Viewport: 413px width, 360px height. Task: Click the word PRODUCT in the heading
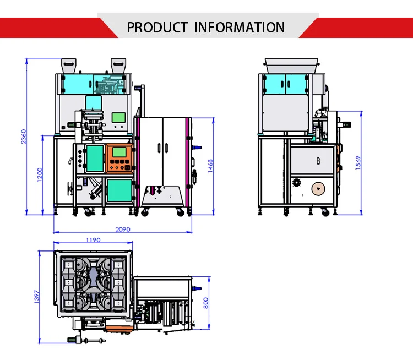(157, 28)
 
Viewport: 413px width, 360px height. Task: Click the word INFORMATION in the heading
(240, 28)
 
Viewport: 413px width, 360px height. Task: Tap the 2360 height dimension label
(24, 137)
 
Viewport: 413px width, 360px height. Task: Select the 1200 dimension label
(40, 174)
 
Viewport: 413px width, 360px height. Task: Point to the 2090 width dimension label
(123, 230)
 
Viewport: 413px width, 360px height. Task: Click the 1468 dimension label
(210, 166)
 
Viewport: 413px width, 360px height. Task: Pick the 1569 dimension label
(358, 163)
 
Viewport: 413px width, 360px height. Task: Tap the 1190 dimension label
(93, 240)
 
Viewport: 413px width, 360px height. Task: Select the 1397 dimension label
(36, 297)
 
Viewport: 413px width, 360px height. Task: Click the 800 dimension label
(206, 303)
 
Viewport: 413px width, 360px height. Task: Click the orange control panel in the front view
(119, 159)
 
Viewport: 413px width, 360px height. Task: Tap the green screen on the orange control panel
(119, 152)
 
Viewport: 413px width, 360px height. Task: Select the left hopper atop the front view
(69, 66)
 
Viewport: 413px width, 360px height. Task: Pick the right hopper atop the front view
(118, 66)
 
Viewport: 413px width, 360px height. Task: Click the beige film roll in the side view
(318, 189)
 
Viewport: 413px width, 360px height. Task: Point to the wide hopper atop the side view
(291, 66)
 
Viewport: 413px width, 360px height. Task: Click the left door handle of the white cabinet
(159, 148)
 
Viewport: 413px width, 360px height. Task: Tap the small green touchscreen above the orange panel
(118, 117)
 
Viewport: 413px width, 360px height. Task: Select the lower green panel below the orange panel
(119, 190)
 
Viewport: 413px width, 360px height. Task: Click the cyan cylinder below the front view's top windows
(94, 103)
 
